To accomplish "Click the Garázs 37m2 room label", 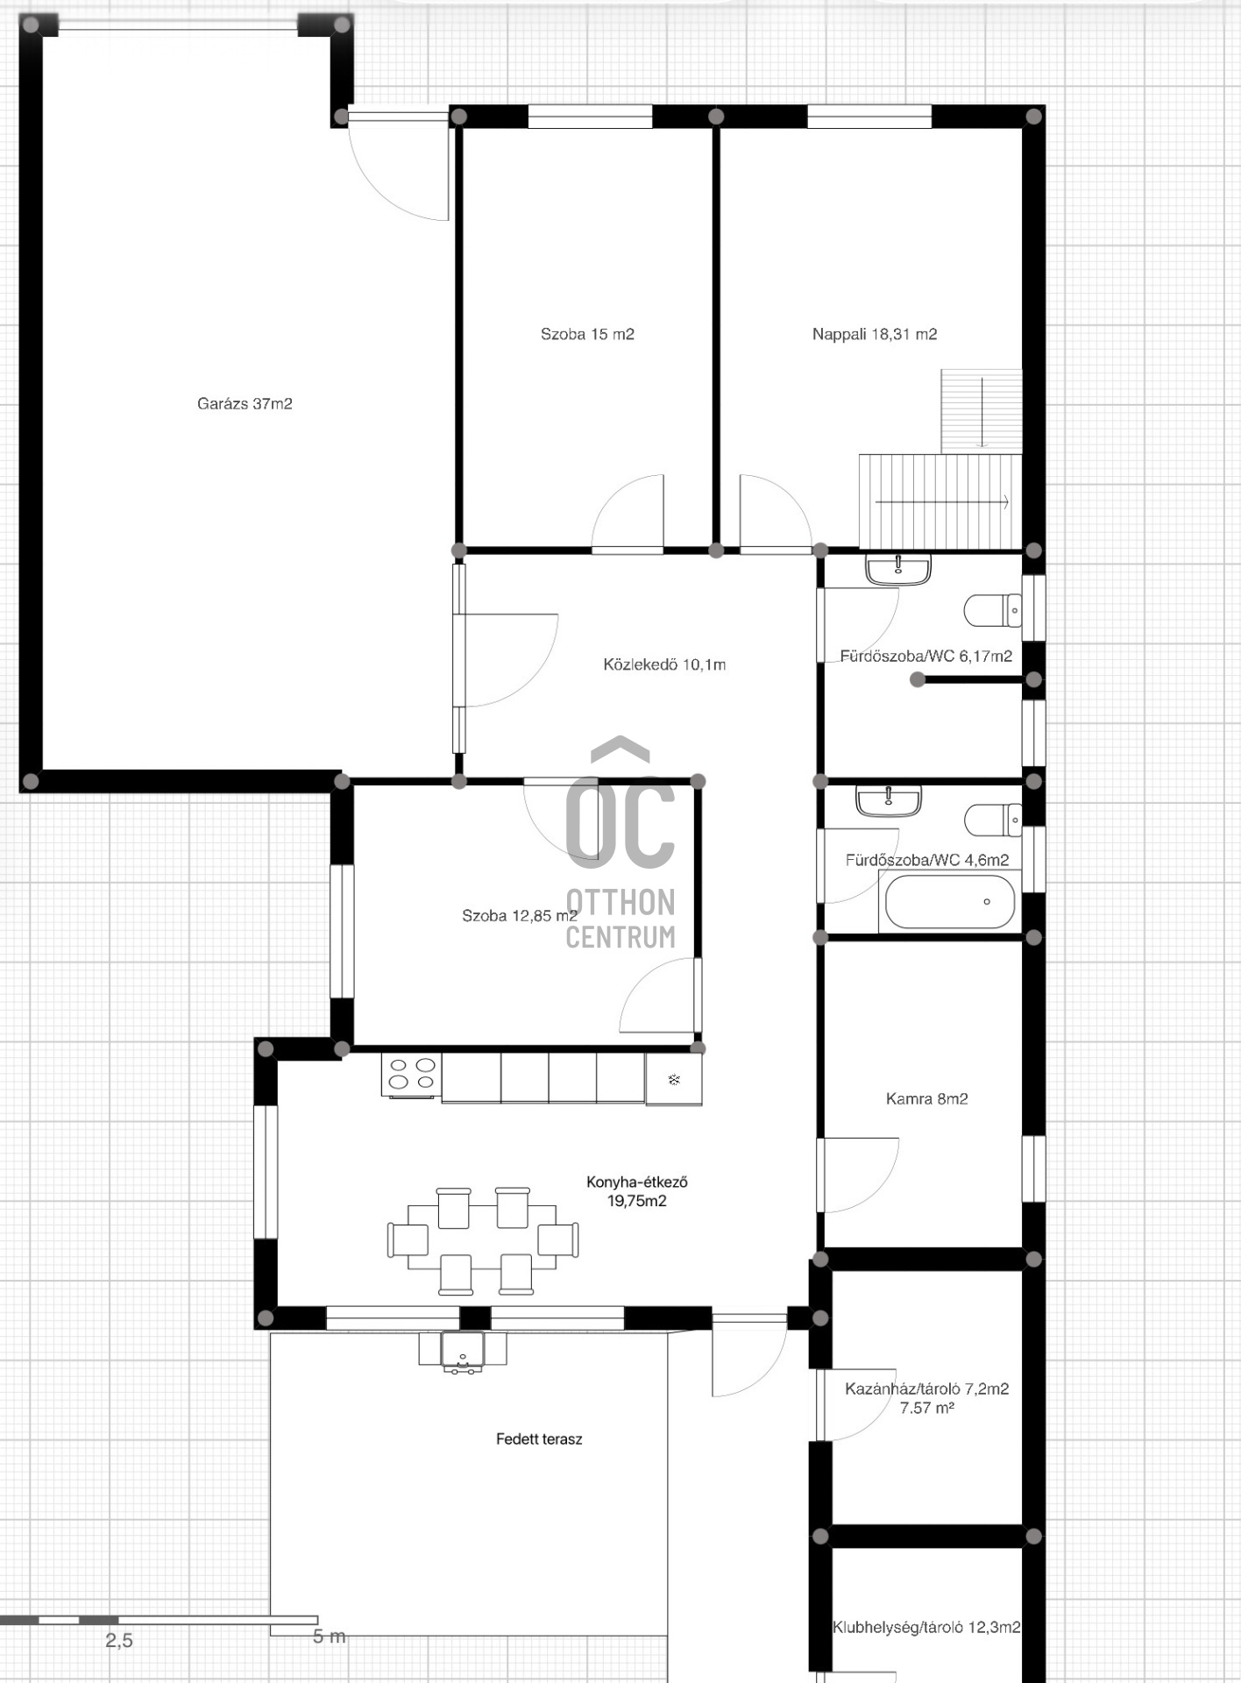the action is click(245, 404).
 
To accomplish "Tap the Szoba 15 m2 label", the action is click(587, 334).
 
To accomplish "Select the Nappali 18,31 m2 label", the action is click(875, 334).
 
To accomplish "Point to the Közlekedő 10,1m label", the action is click(664, 664).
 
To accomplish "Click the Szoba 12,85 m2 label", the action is click(520, 916).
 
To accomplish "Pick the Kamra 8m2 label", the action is click(927, 1099).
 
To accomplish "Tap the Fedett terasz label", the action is click(539, 1439).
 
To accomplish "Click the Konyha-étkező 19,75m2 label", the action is click(637, 1191).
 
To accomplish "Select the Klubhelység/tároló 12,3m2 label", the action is click(926, 1628).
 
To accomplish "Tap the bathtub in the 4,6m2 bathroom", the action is click(950, 902).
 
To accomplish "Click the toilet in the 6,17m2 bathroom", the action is click(993, 611).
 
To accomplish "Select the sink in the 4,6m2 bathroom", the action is click(889, 801).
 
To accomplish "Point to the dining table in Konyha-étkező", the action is click(483, 1240).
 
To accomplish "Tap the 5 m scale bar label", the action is click(330, 1636).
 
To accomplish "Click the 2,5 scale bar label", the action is click(119, 1640).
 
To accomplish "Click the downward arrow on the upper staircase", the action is click(982, 412).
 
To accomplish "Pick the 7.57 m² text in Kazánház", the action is click(927, 1408).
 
